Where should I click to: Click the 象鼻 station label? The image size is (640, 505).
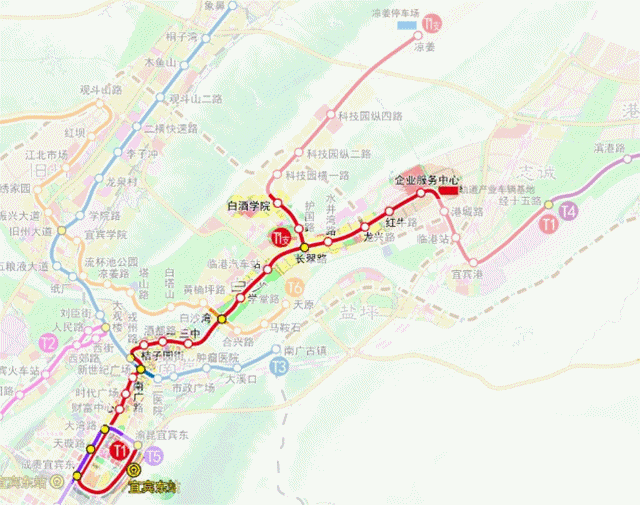pyautogui.click(x=214, y=5)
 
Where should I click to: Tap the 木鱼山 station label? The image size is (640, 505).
pyautogui.click(x=161, y=62)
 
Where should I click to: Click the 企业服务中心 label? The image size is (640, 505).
pyautogui.click(x=427, y=178)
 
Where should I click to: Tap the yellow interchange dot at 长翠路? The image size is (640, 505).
pyautogui.click(x=304, y=245)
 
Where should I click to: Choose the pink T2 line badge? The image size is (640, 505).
pyautogui.click(x=47, y=343)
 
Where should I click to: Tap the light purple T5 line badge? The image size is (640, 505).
pyautogui.click(x=152, y=457)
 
